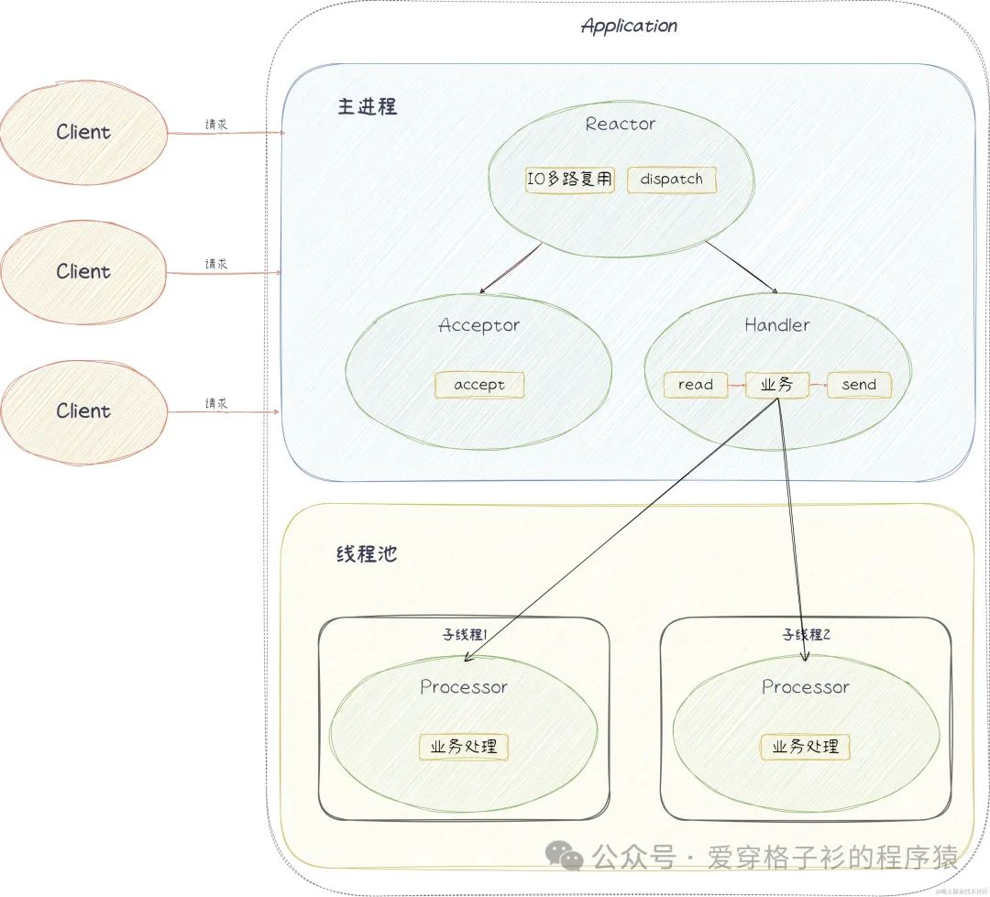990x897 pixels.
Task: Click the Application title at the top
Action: (629, 26)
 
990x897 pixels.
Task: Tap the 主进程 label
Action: (367, 106)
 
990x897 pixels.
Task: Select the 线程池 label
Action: (367, 554)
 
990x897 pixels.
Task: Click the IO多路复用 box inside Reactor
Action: (569, 180)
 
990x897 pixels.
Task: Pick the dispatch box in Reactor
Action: (671, 180)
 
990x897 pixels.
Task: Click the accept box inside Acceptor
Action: (479, 385)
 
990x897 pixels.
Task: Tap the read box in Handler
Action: (695, 385)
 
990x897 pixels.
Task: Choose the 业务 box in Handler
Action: (776, 385)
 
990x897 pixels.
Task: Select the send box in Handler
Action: (859, 385)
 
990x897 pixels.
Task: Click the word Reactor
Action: (621, 124)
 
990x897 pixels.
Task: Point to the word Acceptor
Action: (478, 325)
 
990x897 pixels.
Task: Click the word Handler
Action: (776, 325)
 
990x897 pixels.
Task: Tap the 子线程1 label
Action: (464, 634)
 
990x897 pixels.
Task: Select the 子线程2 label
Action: (806, 634)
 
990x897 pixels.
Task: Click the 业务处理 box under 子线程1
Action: (464, 747)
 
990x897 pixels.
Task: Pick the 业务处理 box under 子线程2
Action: (806, 747)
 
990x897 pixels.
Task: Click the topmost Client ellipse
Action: (83, 132)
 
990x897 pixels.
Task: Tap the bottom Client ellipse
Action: (83, 411)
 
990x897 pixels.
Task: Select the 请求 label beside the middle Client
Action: (216, 264)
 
